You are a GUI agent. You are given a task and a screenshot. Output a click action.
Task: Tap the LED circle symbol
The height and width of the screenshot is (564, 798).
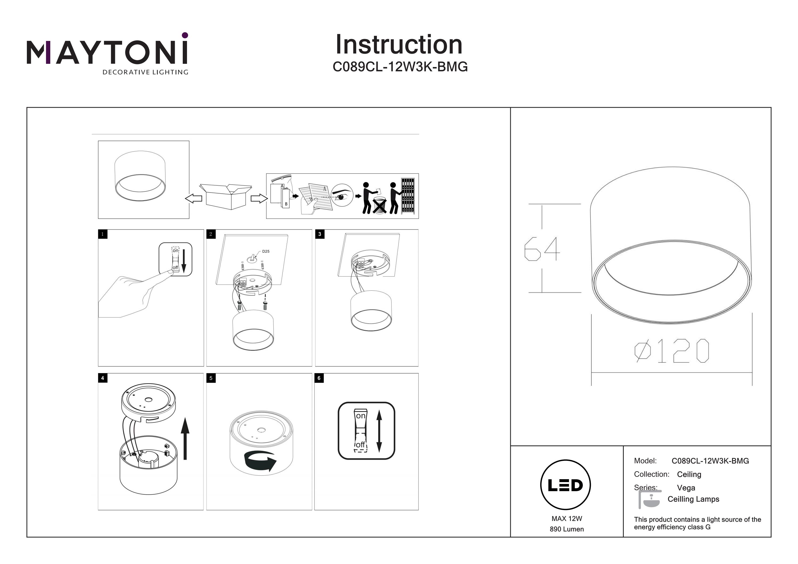pos(566,485)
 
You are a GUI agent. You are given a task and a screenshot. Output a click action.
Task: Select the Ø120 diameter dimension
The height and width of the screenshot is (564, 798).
pos(671,351)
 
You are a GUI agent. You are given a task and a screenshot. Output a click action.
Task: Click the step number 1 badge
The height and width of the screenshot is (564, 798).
pos(102,234)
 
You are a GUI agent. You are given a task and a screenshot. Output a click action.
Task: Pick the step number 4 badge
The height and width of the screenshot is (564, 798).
pos(102,378)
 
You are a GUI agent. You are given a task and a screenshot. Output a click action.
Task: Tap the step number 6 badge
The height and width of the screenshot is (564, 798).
pos(319,378)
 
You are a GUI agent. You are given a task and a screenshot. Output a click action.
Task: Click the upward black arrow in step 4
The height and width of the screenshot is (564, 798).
pos(185,438)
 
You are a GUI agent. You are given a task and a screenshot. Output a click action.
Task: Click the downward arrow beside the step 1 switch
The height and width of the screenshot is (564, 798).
pos(184,261)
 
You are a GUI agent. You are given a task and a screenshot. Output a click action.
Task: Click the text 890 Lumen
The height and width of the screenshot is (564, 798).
pos(567,529)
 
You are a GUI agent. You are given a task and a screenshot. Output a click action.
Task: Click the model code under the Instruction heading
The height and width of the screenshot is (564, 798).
pos(400,67)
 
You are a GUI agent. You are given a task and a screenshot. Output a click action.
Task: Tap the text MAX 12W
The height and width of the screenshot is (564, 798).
pos(567,519)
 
